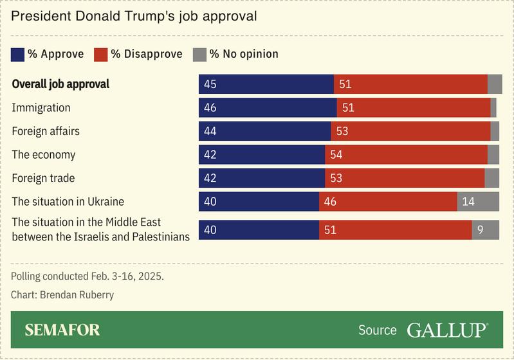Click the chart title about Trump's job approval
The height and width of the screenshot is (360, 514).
(x=134, y=16)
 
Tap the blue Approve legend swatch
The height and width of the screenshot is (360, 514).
(x=18, y=54)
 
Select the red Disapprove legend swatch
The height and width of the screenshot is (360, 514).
(x=101, y=54)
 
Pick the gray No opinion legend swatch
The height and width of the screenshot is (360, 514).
(x=199, y=54)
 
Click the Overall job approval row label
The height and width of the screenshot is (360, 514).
(x=60, y=84)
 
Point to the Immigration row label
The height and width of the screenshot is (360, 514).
(x=41, y=108)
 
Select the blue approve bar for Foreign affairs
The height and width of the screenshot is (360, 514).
(x=264, y=131)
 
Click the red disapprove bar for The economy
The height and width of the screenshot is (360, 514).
(x=406, y=154)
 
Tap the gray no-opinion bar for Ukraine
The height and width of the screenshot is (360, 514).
(x=478, y=201)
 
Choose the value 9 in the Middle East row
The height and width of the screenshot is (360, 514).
(x=481, y=230)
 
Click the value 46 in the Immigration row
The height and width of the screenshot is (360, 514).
(x=210, y=108)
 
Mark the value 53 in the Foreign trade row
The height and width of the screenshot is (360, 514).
(x=336, y=178)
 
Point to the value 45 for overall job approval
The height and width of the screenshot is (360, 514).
(x=210, y=84)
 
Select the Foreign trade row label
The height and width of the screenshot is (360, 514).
(x=43, y=178)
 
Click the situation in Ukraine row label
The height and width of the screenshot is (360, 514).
(x=68, y=201)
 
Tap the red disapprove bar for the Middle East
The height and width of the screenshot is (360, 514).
(x=395, y=230)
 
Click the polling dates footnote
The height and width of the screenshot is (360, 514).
(x=87, y=276)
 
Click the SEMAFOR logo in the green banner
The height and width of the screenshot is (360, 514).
(x=62, y=330)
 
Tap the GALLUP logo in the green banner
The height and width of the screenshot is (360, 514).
(x=446, y=330)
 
